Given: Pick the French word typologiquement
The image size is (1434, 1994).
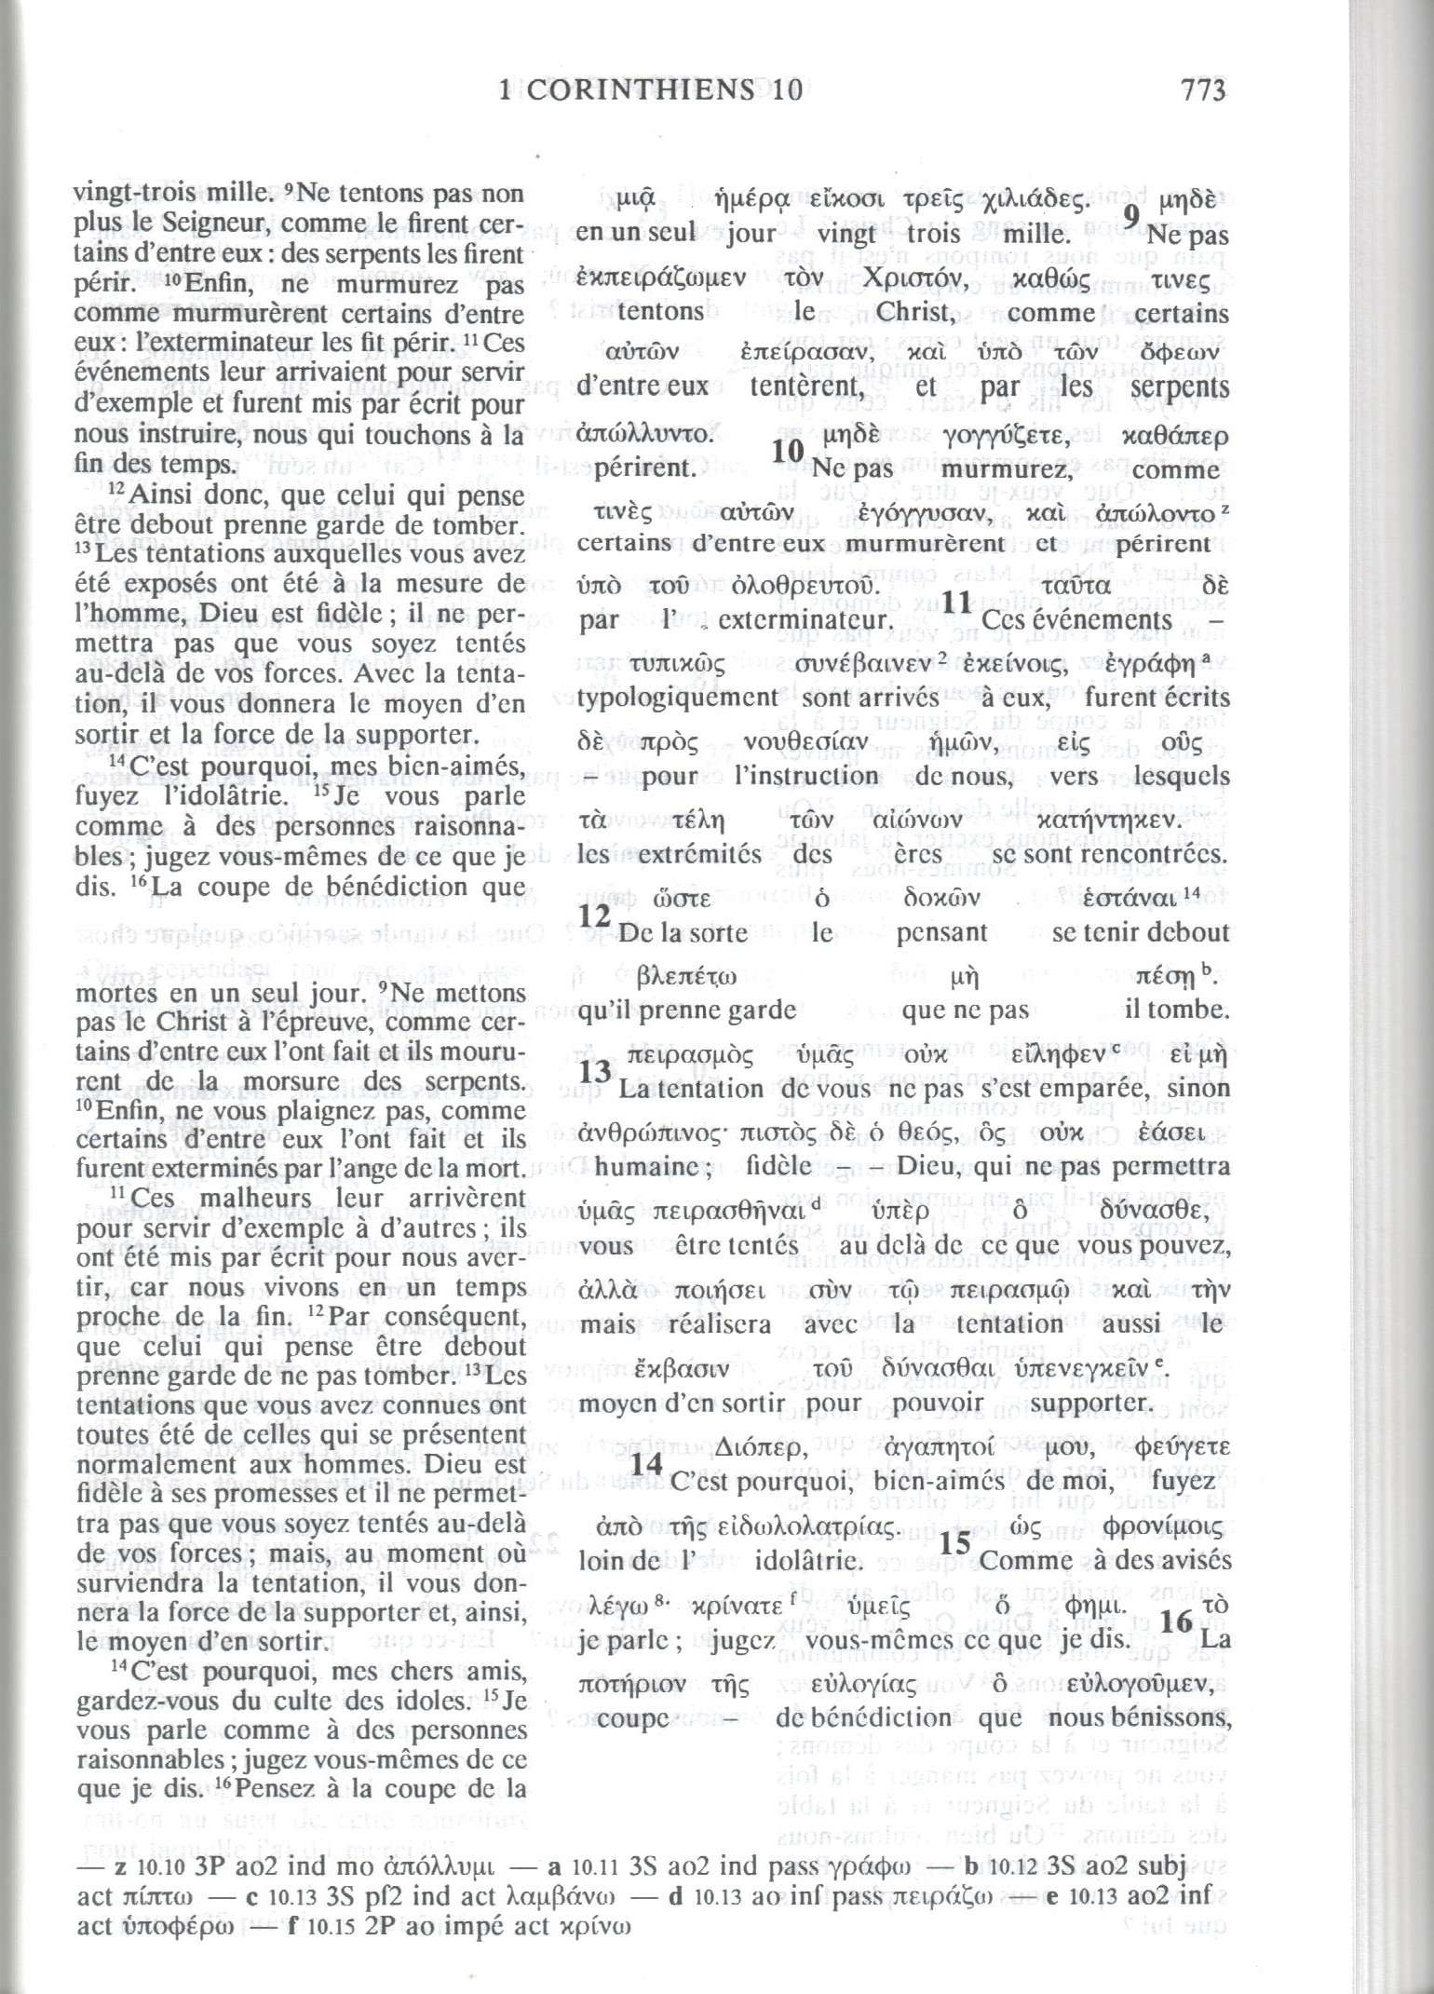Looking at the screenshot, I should click(x=678, y=698).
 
